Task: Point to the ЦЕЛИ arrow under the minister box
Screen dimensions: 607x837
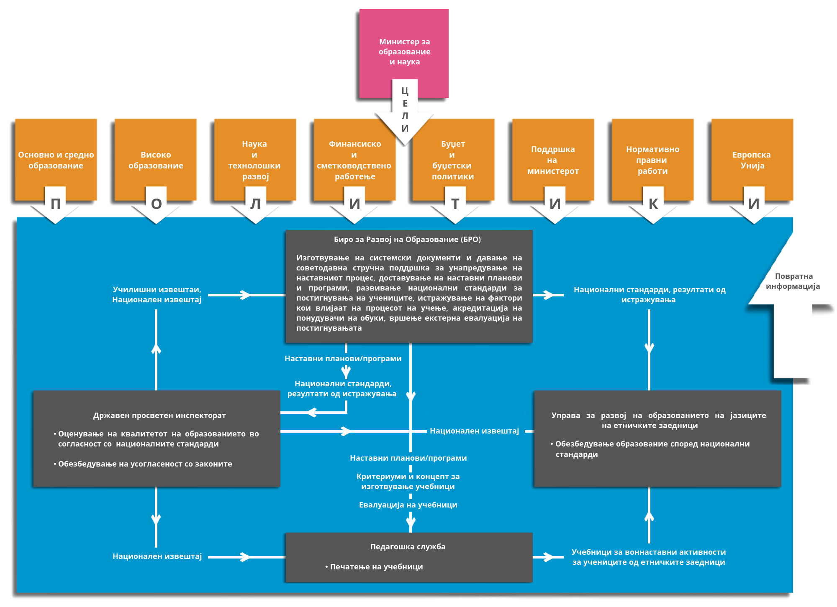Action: [405, 110]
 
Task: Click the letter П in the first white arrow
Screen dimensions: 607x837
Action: [55, 204]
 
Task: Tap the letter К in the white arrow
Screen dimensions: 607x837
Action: [653, 204]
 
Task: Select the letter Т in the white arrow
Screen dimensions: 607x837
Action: [455, 204]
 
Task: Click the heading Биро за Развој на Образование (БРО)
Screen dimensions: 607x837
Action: [407, 240]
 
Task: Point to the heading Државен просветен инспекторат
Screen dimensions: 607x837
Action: [159, 416]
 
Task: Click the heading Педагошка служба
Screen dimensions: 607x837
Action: [408, 547]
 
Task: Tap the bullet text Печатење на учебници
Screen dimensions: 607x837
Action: [376, 567]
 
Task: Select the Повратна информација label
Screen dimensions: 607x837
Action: [793, 281]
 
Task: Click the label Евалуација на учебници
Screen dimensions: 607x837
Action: [408, 505]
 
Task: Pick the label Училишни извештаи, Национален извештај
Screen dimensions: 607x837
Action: [157, 295]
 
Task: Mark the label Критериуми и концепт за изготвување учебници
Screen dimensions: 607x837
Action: [408, 482]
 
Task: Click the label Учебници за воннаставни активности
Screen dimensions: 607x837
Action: [649, 552]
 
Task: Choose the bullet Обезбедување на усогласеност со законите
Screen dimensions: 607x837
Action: [145, 464]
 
